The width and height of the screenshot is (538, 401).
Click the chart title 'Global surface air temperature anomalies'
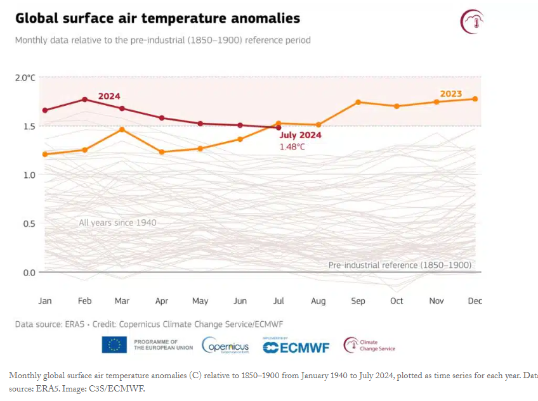coord(157,18)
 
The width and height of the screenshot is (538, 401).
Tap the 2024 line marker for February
coord(84,99)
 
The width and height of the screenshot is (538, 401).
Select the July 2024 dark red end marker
coord(279,127)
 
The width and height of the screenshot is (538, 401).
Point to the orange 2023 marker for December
coord(475,99)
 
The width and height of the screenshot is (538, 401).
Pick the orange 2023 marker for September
coord(358,102)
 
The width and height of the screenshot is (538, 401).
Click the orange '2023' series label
coord(451,94)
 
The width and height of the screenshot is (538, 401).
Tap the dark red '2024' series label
coord(108,96)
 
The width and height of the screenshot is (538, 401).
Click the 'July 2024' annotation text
coord(301,135)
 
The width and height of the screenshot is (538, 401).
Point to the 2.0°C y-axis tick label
coord(25,77)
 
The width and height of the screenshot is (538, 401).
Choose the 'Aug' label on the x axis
coord(318,301)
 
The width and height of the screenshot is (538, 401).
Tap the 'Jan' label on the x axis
coord(45,301)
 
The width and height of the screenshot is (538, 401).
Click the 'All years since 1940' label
coord(117,223)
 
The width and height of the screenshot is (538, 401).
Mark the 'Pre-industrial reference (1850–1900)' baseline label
coord(400,265)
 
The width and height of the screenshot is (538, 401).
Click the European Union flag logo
coord(114,345)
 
